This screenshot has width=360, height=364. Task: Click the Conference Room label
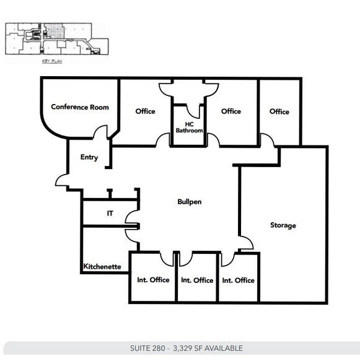coord(80,107)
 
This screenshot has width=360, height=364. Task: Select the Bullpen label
coord(190,202)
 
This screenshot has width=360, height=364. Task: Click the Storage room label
coord(283,225)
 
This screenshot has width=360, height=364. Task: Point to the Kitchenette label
coord(102,267)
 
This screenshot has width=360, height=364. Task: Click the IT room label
coord(110,213)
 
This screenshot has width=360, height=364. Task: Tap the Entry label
coord(89,157)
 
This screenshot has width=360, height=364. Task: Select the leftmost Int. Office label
coord(153,280)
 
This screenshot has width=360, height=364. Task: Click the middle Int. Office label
coord(197,280)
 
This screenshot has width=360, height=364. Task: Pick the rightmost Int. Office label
coord(239,280)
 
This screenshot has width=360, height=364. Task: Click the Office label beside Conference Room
coord(145,111)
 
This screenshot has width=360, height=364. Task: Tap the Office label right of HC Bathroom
coord(231,111)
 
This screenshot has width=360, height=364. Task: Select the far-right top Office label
coord(279,111)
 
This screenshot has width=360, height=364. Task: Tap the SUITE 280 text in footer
coord(149,349)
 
